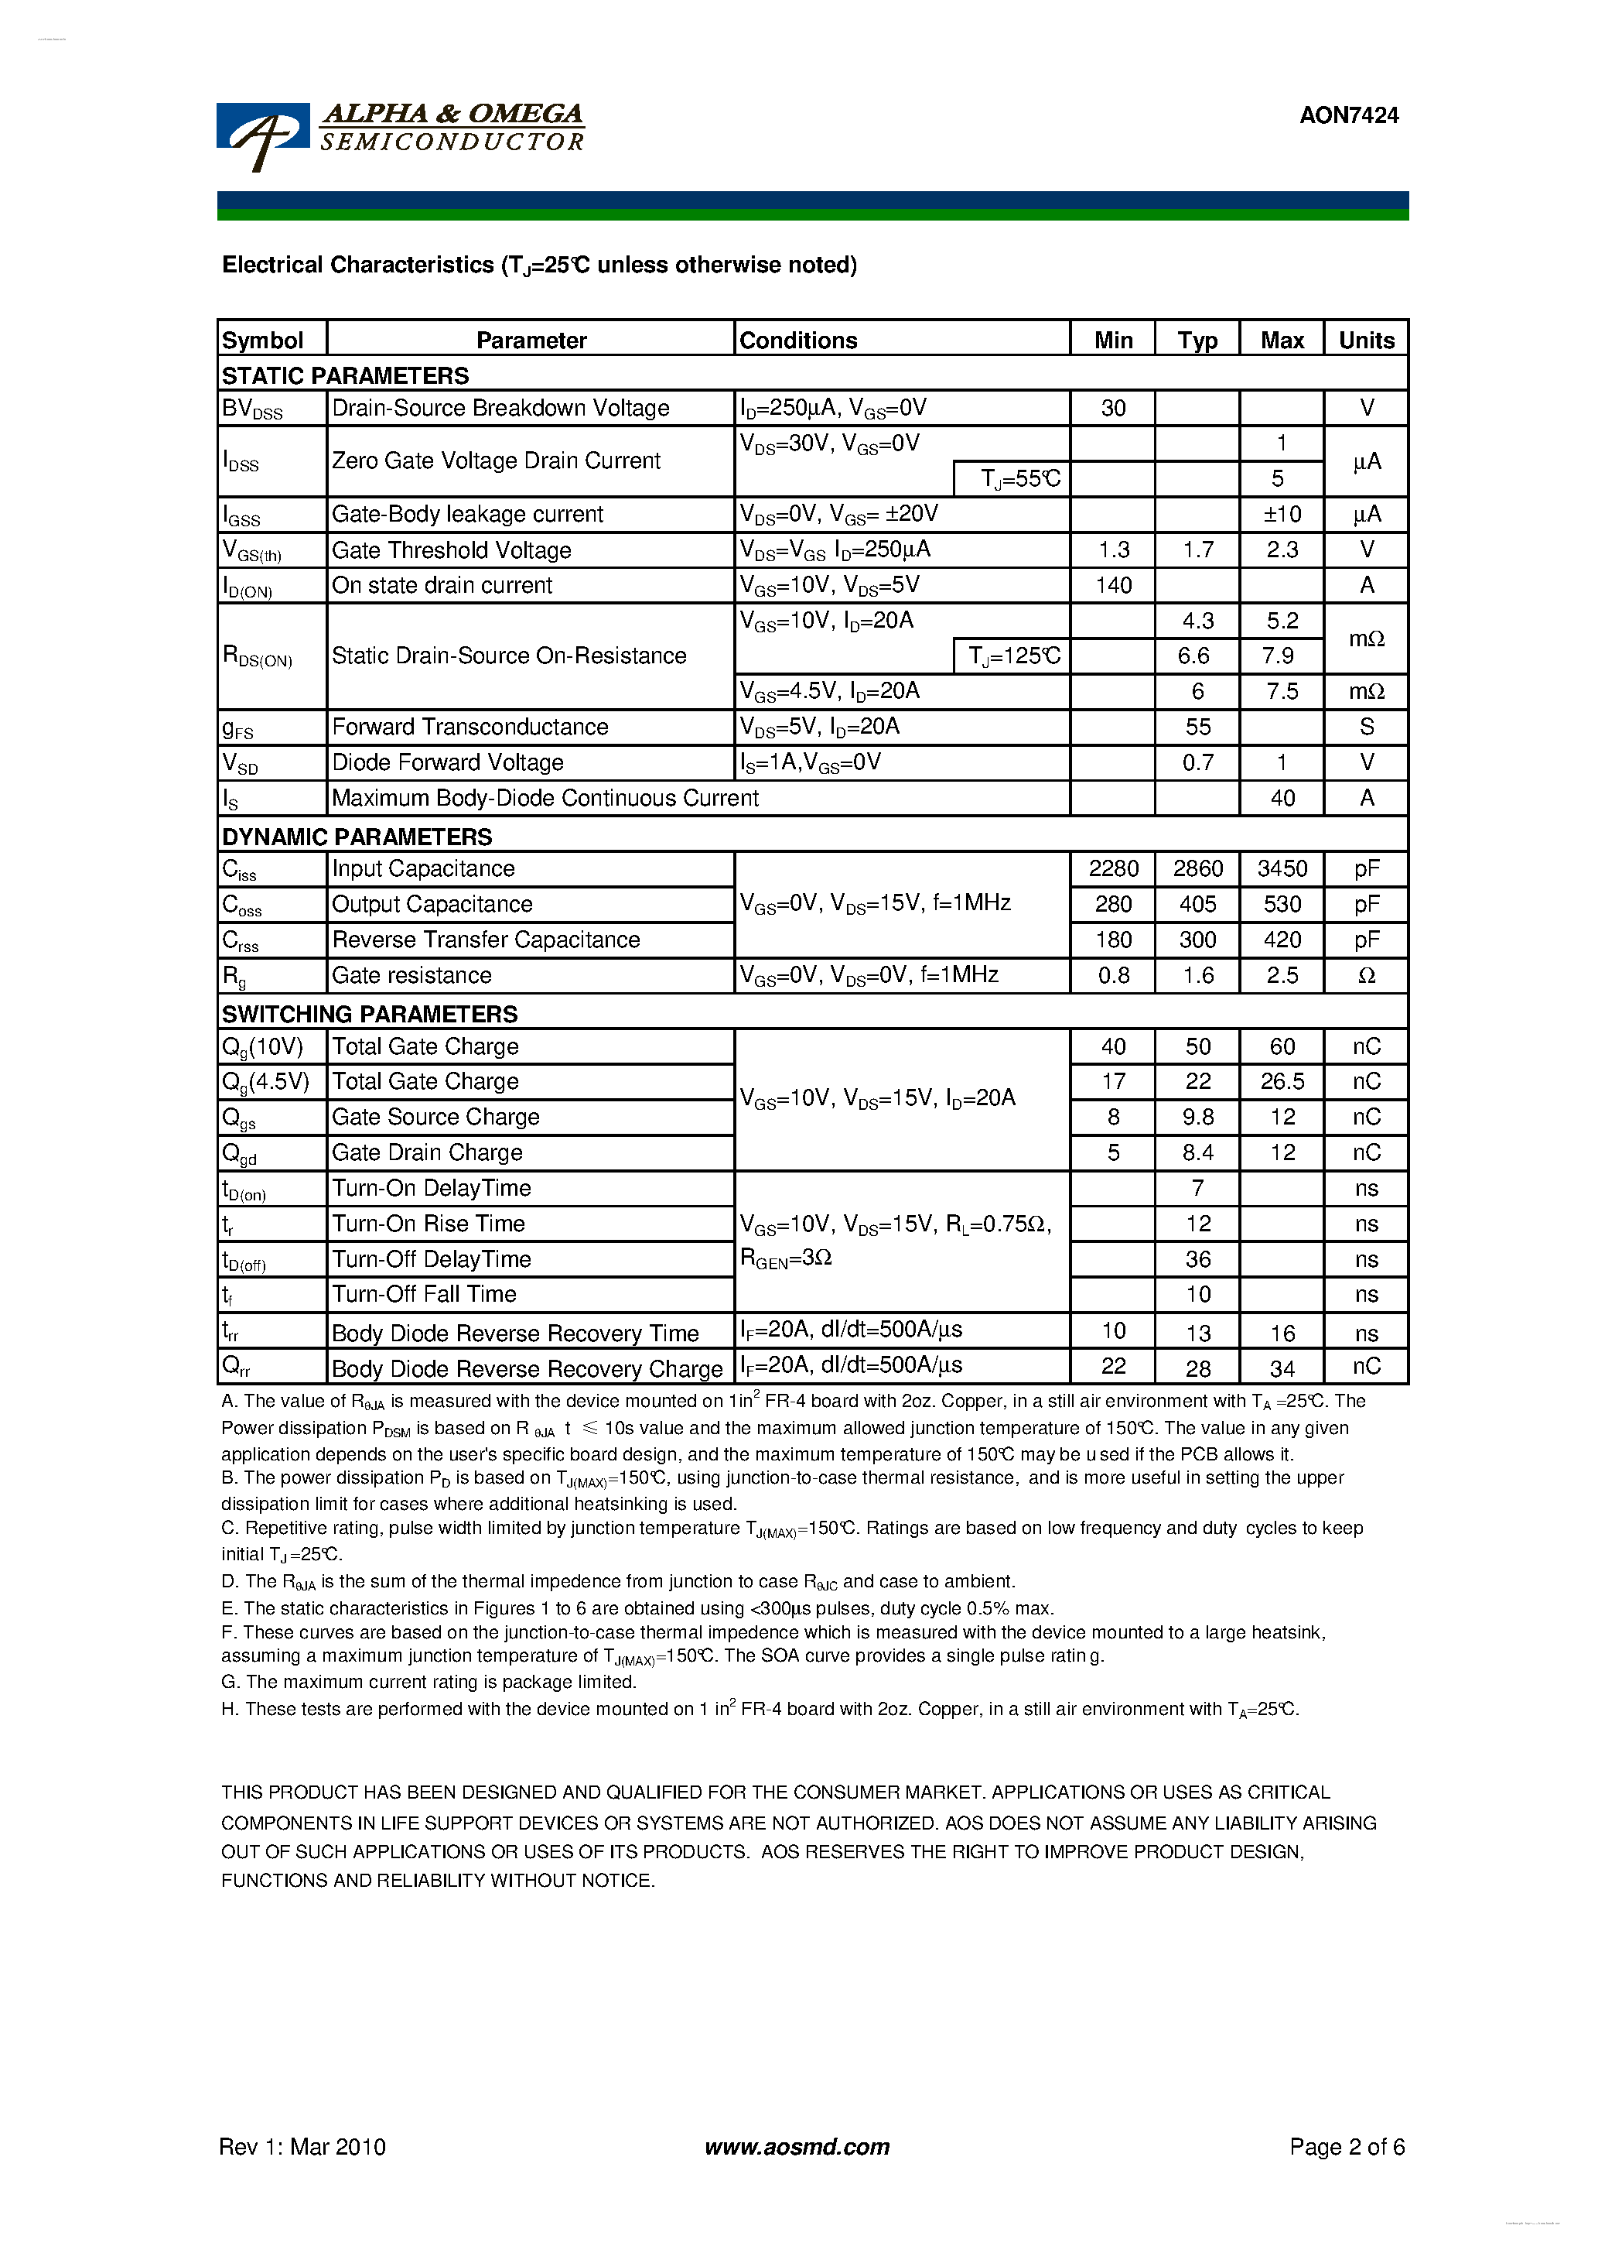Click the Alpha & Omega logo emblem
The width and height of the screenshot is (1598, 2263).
coord(262,135)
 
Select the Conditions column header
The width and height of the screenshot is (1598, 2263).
coord(798,340)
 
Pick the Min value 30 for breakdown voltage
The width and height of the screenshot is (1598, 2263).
coord(1112,408)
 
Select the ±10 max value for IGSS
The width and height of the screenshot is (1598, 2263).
coord(1282,515)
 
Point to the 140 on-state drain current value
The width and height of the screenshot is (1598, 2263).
coord(1112,585)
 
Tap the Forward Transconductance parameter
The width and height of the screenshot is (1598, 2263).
coord(470,728)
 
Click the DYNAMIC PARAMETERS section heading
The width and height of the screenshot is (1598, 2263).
coord(357,837)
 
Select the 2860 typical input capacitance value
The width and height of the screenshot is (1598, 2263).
coord(1197,868)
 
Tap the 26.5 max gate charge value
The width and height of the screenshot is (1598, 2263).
coord(1282,1082)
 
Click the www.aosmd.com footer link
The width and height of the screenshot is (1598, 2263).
coord(797,2147)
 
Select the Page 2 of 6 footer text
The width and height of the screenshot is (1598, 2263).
coord(1346,2147)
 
